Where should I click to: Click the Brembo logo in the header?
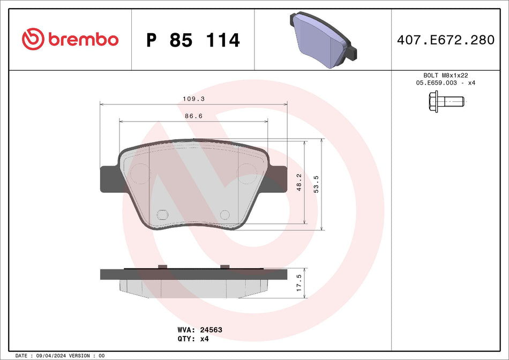tap(70, 39)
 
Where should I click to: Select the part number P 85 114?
tap(193, 40)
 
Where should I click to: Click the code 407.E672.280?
tap(446, 40)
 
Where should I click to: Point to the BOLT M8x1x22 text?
tap(446, 76)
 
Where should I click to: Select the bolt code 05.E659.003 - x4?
tap(446, 84)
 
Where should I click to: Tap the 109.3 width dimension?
tap(194, 99)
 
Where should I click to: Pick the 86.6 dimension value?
tap(193, 116)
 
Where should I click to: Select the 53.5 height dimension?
tap(317, 184)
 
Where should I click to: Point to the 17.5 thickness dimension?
tap(300, 282)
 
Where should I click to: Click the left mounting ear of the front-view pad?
tap(109, 178)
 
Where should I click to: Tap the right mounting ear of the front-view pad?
tap(278, 178)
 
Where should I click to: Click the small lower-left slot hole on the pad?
tap(162, 215)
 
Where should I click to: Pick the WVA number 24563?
tap(212, 330)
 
